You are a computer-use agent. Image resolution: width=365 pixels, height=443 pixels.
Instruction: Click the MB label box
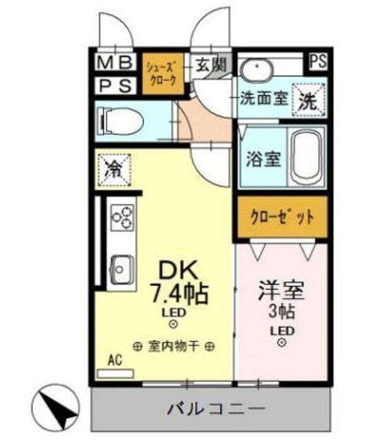pyautogui.click(x=114, y=63)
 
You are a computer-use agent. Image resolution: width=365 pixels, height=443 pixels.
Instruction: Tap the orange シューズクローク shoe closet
pyautogui.click(x=163, y=72)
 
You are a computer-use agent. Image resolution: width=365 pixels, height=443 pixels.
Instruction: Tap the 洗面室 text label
pyautogui.click(x=263, y=98)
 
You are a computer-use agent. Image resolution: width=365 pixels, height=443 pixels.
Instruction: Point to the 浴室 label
pyautogui.click(x=263, y=158)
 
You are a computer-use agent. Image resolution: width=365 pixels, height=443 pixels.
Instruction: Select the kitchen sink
pyautogui.click(x=122, y=266)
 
